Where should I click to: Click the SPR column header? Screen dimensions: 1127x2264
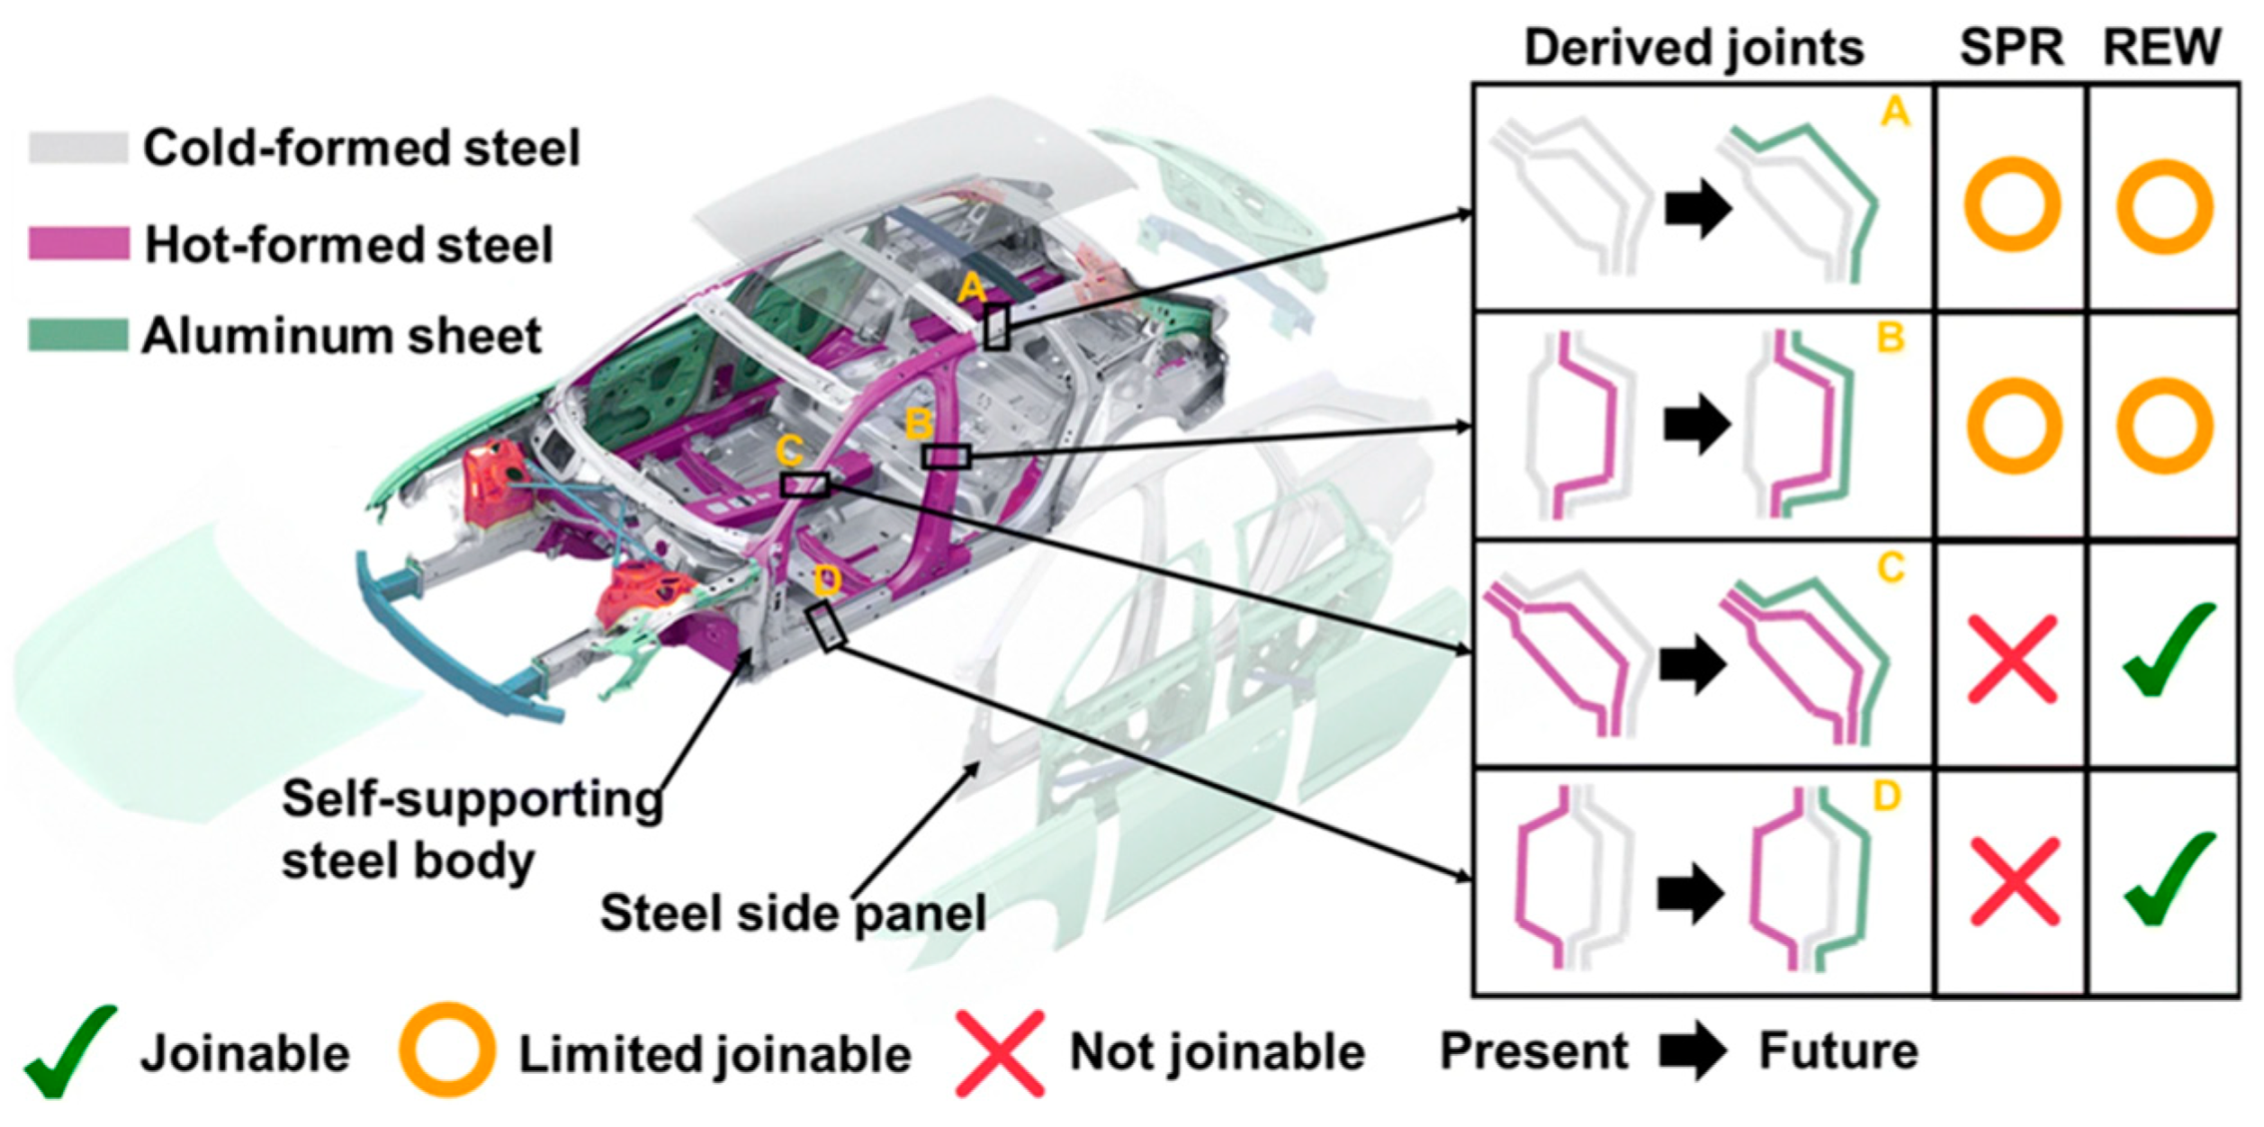2011,48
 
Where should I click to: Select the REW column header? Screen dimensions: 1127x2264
2162,48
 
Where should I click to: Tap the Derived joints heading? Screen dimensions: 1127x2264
1694,48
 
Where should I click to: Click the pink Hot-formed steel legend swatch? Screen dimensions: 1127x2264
78,244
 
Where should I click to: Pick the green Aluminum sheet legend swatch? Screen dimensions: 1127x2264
78,336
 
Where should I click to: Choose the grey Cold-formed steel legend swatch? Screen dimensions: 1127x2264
78,148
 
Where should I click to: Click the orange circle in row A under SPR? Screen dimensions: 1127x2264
2012,205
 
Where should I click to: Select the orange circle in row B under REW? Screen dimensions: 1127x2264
2164,426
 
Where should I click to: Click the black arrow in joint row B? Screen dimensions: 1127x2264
1697,424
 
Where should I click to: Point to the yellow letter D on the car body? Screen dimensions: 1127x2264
828,579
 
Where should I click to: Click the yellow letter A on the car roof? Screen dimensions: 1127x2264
971,290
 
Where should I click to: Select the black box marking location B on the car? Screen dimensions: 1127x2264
945,457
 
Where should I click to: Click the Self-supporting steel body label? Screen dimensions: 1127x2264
472,829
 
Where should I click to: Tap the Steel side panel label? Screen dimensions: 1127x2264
792,912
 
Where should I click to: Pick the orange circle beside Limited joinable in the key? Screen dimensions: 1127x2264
447,1051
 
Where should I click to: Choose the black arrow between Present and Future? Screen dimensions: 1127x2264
1693,1051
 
